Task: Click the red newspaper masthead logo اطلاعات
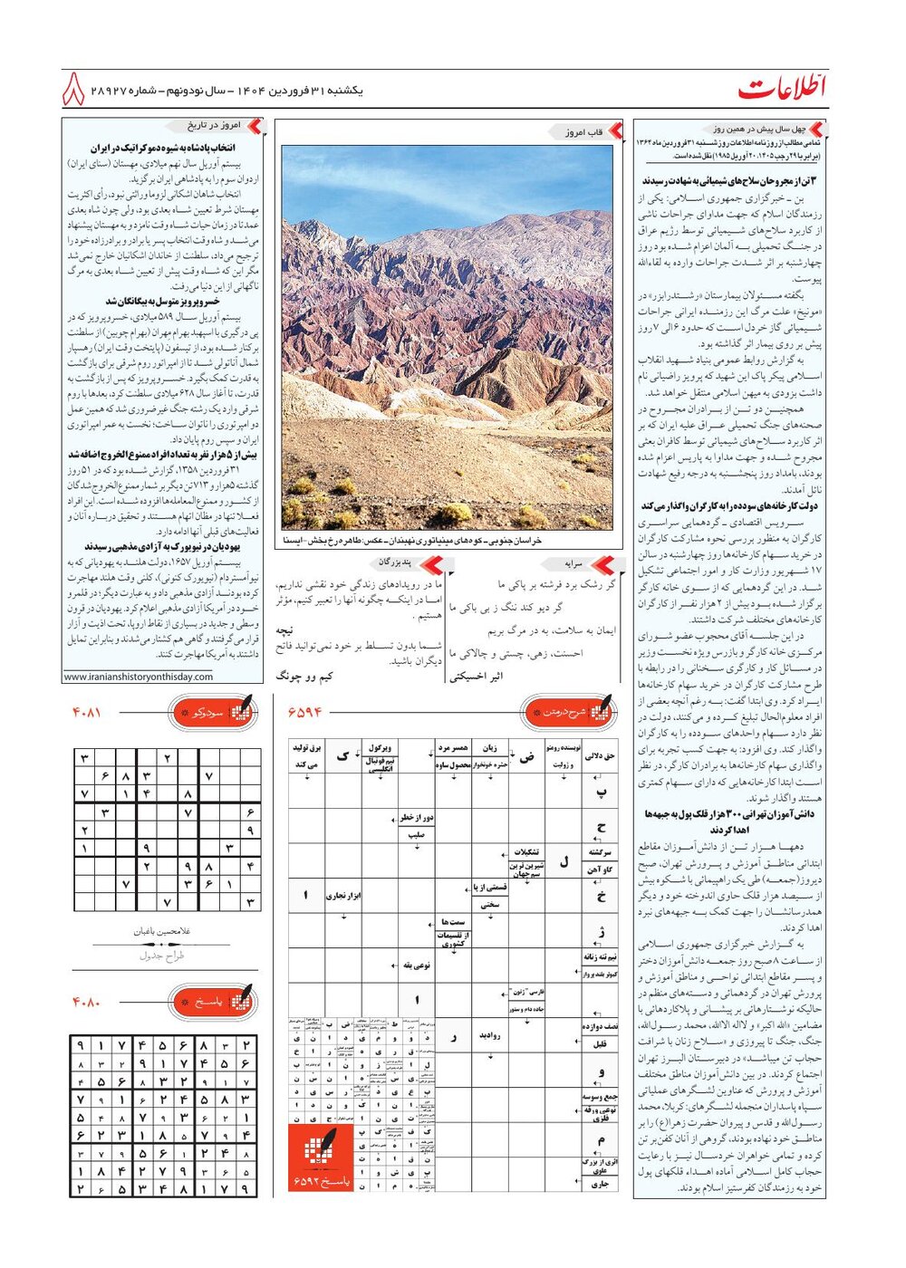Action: (782, 89)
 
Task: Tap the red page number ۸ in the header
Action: (73, 91)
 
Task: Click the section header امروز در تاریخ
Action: (214, 126)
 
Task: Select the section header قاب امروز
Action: (583, 132)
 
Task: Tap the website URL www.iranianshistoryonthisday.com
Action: (139, 677)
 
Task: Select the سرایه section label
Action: (573, 563)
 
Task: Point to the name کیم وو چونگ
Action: (304, 676)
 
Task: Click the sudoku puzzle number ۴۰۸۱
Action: (87, 713)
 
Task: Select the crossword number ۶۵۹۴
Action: (304, 713)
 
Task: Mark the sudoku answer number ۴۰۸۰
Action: (87, 1003)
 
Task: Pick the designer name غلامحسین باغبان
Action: (162, 931)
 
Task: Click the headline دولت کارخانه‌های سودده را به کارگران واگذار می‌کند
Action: (729, 506)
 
